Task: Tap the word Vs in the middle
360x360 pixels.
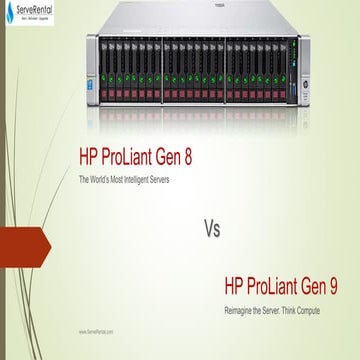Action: pyautogui.click(x=211, y=227)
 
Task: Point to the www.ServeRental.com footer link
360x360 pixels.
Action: pyautogui.click(x=96, y=330)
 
